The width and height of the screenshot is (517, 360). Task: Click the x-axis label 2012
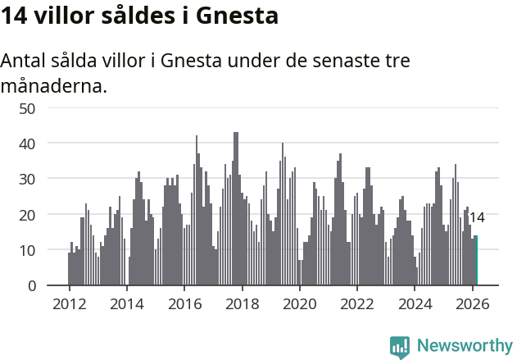coord(69,303)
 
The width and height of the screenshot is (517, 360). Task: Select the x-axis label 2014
coord(126,303)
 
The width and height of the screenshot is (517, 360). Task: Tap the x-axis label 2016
coord(184,303)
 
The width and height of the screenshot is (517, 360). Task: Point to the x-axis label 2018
coord(242,303)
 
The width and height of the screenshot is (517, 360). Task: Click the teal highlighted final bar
coord(476,261)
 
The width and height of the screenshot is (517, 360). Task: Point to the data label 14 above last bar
coord(477,218)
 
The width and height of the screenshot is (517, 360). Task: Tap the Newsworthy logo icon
coord(400,346)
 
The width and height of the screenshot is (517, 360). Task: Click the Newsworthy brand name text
coord(464,346)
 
